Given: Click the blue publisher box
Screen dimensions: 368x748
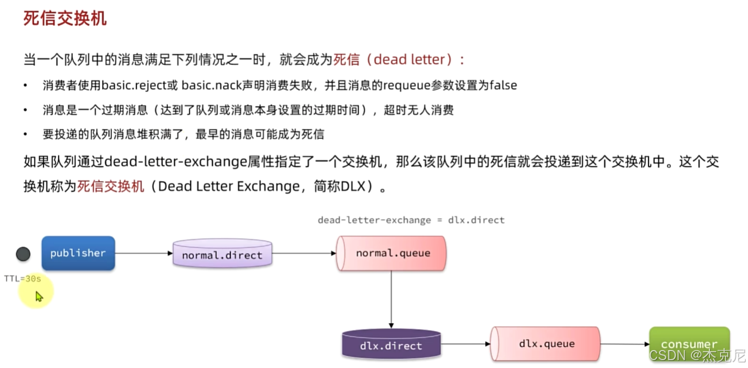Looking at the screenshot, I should [x=78, y=253].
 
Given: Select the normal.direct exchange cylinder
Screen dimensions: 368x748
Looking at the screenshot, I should [x=222, y=254].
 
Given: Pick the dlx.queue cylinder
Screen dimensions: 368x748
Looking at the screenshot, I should [x=545, y=344].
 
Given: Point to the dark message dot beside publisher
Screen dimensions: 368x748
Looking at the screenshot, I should [x=23, y=254].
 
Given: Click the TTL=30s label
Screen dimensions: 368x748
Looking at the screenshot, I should [x=22, y=278].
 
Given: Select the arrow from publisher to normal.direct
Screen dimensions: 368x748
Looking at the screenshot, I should [x=144, y=253].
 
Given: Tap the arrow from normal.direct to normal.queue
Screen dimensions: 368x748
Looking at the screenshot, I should [x=304, y=253].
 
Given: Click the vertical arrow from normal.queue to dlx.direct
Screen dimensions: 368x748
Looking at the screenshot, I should [x=391, y=300].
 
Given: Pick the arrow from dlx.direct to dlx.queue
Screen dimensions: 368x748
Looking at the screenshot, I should [x=465, y=344].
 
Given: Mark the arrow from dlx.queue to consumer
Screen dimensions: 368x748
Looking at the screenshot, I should [x=625, y=344].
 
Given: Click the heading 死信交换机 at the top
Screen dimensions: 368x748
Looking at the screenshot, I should [x=65, y=18].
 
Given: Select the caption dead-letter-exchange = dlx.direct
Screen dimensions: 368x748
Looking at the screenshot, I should [x=411, y=220].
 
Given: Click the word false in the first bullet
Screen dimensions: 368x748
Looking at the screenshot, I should [x=503, y=85].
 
